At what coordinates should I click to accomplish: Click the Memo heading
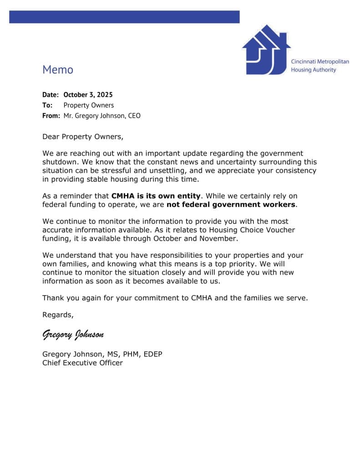point(58,70)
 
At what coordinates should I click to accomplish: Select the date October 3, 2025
point(88,95)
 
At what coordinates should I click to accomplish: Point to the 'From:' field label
point(51,116)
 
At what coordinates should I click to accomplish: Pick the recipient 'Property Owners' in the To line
point(89,105)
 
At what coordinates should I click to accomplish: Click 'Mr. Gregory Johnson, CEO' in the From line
point(102,116)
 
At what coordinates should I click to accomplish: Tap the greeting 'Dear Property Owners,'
point(83,137)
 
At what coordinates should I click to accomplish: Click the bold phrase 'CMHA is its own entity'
point(156,196)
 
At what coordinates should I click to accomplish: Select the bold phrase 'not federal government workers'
point(231,204)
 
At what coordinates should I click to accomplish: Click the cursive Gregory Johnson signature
point(73,334)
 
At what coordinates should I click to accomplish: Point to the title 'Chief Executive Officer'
point(82,363)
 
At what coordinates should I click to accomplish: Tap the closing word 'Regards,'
point(58,314)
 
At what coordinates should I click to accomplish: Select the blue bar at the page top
point(124,17)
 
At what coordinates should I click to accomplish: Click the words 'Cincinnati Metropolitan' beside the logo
point(320,61)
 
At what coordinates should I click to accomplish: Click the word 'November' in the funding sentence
point(219,238)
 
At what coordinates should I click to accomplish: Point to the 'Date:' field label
point(51,95)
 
